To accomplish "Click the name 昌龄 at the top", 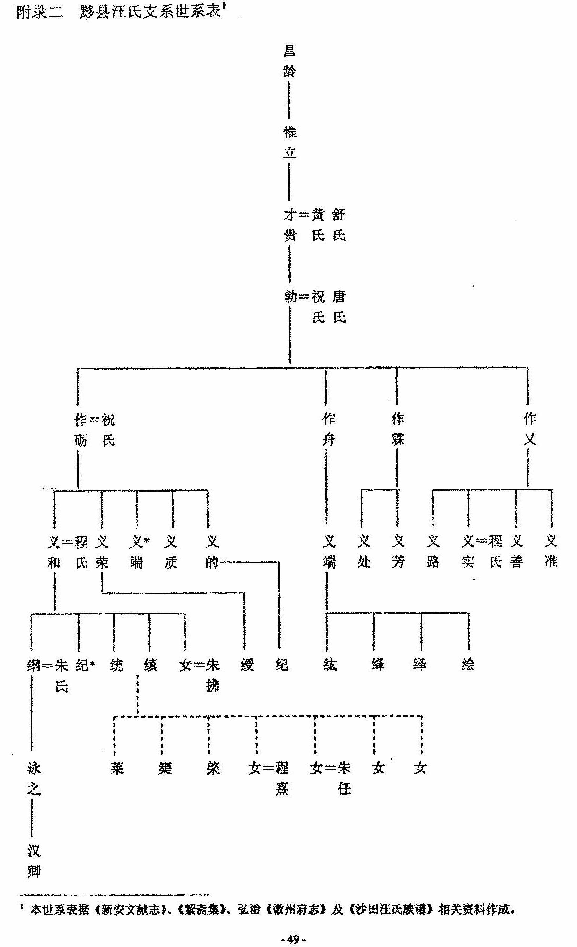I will [x=289, y=61].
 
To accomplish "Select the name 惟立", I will [x=289, y=142].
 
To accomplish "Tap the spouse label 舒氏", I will [x=339, y=225].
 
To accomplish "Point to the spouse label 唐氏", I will [x=339, y=307].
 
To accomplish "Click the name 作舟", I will [x=329, y=429].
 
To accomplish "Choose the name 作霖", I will [x=398, y=429].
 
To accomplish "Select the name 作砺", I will [x=80, y=430].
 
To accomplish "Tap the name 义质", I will [x=171, y=552].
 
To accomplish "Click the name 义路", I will [x=433, y=552].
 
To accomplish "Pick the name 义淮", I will [x=551, y=552].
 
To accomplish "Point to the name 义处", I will [x=364, y=552].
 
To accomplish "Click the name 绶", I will [x=247, y=665].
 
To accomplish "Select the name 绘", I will [x=468, y=664].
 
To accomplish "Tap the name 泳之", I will [x=33, y=779].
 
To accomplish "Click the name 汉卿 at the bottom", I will [x=33, y=862].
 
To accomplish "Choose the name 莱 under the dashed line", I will [x=117, y=768].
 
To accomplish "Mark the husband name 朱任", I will [x=344, y=779].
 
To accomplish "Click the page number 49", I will [x=293, y=939].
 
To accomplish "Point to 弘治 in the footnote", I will [x=249, y=909].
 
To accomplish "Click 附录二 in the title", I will [x=40, y=12].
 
